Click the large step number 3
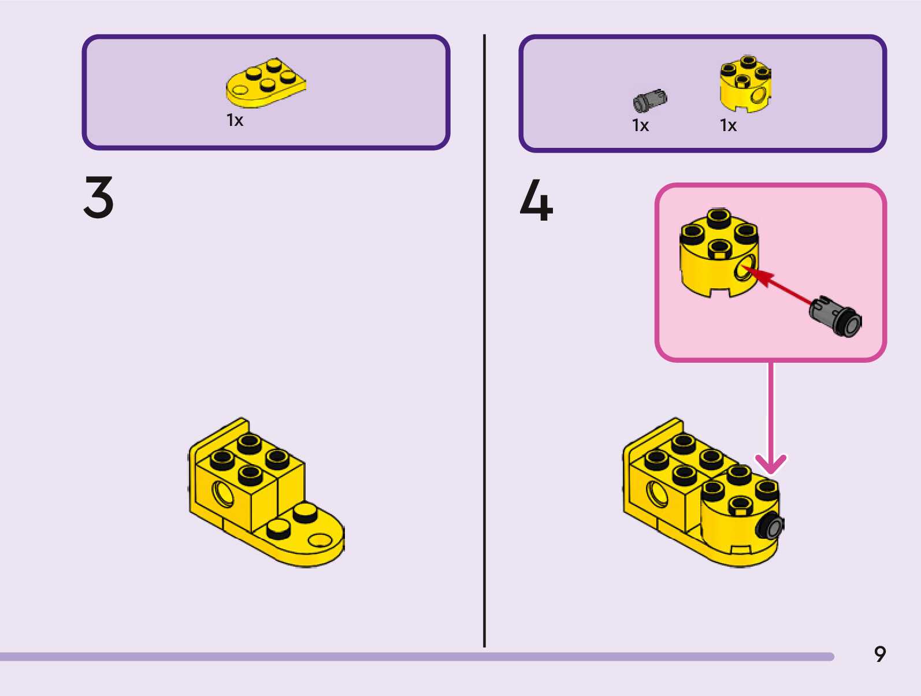pyautogui.click(x=99, y=198)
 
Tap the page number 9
pyautogui.click(x=879, y=654)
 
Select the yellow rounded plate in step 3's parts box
pyautogui.click(x=265, y=84)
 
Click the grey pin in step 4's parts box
pyautogui.click(x=649, y=101)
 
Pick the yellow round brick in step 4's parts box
pyautogui.click(x=745, y=84)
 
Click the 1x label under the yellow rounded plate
pyautogui.click(x=235, y=121)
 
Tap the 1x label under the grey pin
pyautogui.click(x=640, y=125)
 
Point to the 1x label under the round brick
pyautogui.click(x=728, y=125)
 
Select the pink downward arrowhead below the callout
pyautogui.click(x=771, y=463)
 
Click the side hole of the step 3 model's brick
pyautogui.click(x=222, y=494)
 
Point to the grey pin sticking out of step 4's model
pyautogui.click(x=772, y=526)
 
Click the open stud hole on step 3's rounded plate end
pyautogui.click(x=320, y=540)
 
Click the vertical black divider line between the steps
pyautogui.click(x=484, y=341)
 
